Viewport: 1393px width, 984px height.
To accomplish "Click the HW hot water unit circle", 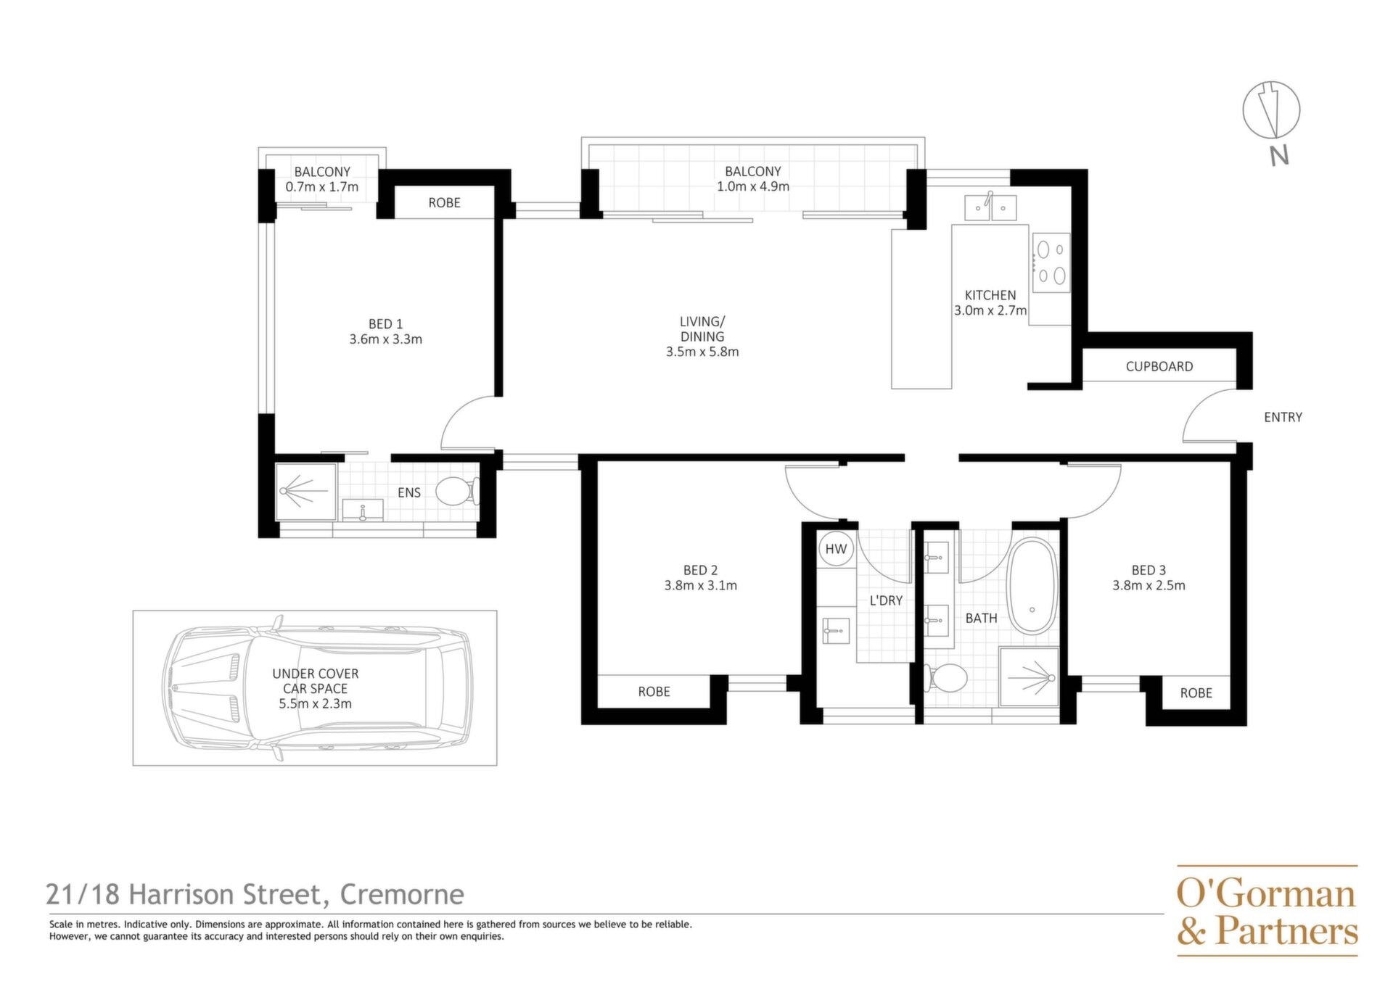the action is (836, 549).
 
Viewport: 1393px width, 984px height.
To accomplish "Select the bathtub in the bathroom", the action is (1032, 587).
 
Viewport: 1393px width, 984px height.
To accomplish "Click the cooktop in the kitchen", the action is (1051, 262).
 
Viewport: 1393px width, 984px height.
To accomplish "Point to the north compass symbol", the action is (1271, 111).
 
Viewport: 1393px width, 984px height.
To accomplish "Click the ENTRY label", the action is (1283, 417).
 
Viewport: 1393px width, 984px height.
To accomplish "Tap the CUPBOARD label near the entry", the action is (1159, 366).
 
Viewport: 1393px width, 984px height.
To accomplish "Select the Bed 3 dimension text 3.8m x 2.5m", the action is (1148, 586).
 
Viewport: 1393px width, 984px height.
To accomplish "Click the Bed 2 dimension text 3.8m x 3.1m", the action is (700, 586).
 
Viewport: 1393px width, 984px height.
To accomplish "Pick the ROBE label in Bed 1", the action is (444, 203).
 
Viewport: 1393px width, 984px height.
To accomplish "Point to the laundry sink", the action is (836, 630).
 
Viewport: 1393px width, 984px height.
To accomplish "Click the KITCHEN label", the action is (990, 295).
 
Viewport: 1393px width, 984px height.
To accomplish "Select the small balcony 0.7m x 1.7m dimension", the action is (322, 187).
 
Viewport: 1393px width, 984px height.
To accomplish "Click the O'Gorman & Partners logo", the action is (1267, 911).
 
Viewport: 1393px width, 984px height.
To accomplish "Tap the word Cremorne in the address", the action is (402, 895).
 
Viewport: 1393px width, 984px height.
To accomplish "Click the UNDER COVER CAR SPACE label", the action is (316, 681).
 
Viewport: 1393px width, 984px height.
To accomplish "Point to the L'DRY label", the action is (886, 600).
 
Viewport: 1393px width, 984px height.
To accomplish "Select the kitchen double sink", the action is (990, 207).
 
